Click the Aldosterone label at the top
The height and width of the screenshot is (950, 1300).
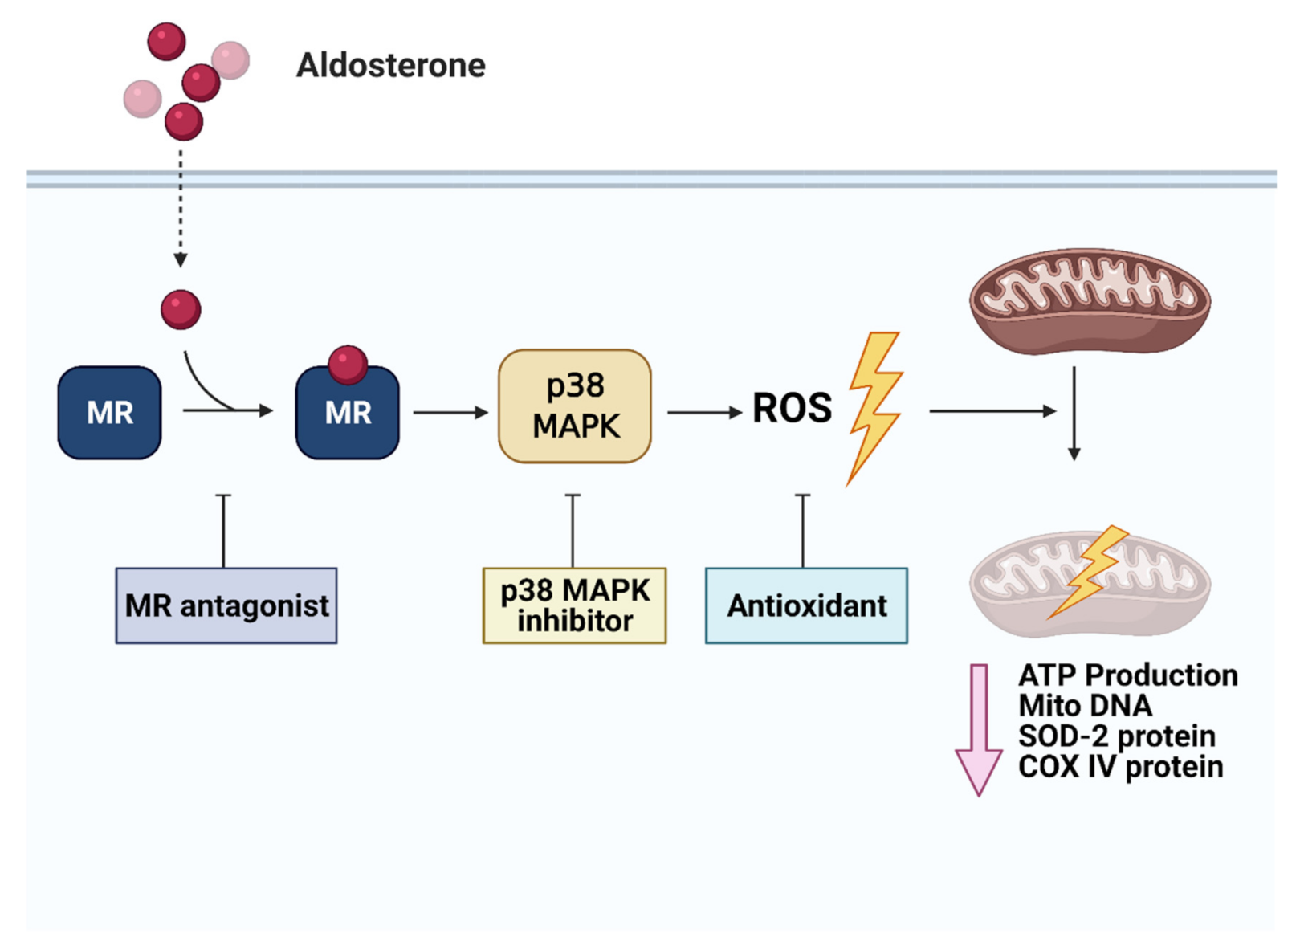390,65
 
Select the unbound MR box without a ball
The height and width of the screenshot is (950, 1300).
109,413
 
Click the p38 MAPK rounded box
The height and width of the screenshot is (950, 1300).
575,406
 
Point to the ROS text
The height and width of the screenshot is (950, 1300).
792,408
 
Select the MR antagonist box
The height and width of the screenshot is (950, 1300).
226,605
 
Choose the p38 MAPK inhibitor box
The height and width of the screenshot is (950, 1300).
574,605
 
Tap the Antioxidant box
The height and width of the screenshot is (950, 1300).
806,605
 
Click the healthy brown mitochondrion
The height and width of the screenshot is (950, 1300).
1090,301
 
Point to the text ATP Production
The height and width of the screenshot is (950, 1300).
1127,675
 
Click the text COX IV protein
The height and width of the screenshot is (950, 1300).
1120,767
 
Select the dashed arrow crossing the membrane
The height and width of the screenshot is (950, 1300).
181,205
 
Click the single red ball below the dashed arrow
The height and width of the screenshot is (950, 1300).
181,309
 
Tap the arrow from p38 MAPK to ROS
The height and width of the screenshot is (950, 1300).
703,412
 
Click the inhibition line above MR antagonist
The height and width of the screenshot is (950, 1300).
224,530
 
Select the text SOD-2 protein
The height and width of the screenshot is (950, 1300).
1116,736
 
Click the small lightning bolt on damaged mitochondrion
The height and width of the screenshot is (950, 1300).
1090,570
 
